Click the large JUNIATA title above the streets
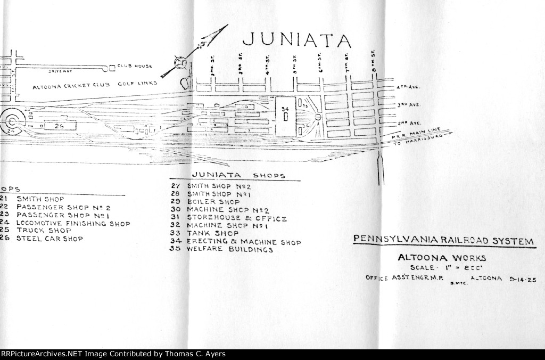(296, 40)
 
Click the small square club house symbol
(112, 68)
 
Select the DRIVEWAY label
(60, 70)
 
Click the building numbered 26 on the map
(59, 126)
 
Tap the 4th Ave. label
(406, 87)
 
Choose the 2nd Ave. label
(407, 122)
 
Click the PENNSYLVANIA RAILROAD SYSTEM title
(443, 241)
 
